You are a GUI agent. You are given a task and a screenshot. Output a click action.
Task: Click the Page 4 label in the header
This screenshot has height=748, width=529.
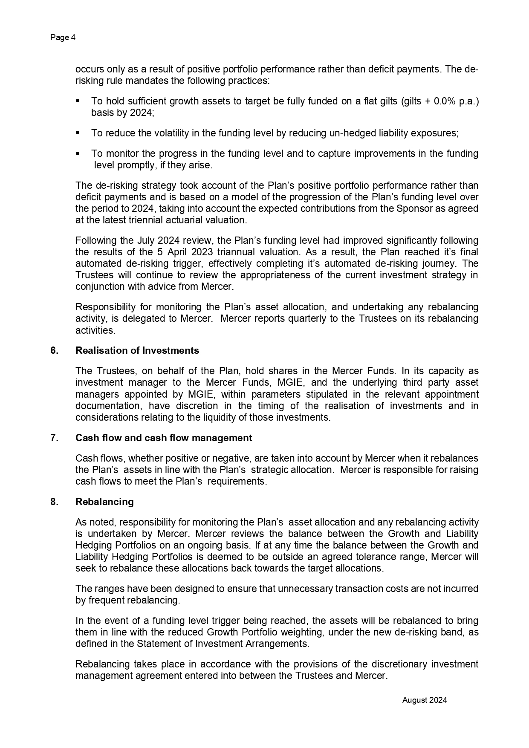63,38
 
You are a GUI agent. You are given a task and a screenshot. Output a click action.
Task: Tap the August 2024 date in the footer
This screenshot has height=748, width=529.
425,700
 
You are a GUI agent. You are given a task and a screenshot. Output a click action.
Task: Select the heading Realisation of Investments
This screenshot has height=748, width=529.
137,350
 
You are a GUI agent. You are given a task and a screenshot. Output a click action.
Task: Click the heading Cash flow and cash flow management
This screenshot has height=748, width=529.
163,438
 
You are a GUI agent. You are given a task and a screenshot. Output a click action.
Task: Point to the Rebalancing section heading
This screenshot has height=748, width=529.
104,502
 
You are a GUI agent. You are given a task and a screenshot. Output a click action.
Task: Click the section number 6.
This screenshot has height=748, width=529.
54,350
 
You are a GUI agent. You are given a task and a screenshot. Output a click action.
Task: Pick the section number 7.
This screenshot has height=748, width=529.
54,438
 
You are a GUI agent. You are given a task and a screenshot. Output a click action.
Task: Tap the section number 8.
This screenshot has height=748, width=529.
54,502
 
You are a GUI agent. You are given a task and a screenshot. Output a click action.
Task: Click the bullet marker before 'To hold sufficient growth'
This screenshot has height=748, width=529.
78,101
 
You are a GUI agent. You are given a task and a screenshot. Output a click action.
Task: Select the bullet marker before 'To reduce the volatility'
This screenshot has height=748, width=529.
78,133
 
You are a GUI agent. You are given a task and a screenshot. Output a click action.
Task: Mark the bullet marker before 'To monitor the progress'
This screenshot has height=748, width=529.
78,153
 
